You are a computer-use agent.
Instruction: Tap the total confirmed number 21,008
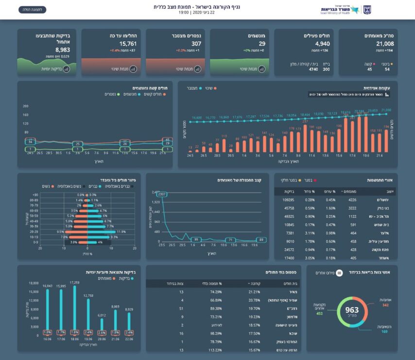(x=370, y=44)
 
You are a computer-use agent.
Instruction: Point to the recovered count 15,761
(x=116, y=44)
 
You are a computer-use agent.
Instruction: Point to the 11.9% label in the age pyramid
(x=121, y=232)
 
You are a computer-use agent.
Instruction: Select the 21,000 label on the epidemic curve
(x=386, y=111)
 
